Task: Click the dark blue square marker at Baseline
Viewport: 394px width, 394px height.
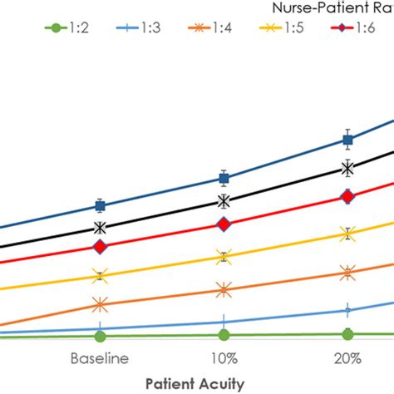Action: click(100, 205)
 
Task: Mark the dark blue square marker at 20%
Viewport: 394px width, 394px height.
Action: click(347, 140)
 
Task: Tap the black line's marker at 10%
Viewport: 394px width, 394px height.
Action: click(223, 201)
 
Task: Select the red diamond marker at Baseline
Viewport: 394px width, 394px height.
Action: click(100, 247)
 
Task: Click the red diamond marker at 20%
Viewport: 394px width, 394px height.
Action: click(347, 197)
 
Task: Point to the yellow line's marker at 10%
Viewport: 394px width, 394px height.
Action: click(223, 258)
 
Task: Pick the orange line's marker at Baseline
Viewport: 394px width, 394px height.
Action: click(100, 305)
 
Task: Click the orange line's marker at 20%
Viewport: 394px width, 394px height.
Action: click(347, 272)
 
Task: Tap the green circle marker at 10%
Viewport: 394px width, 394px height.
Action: click(223, 335)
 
